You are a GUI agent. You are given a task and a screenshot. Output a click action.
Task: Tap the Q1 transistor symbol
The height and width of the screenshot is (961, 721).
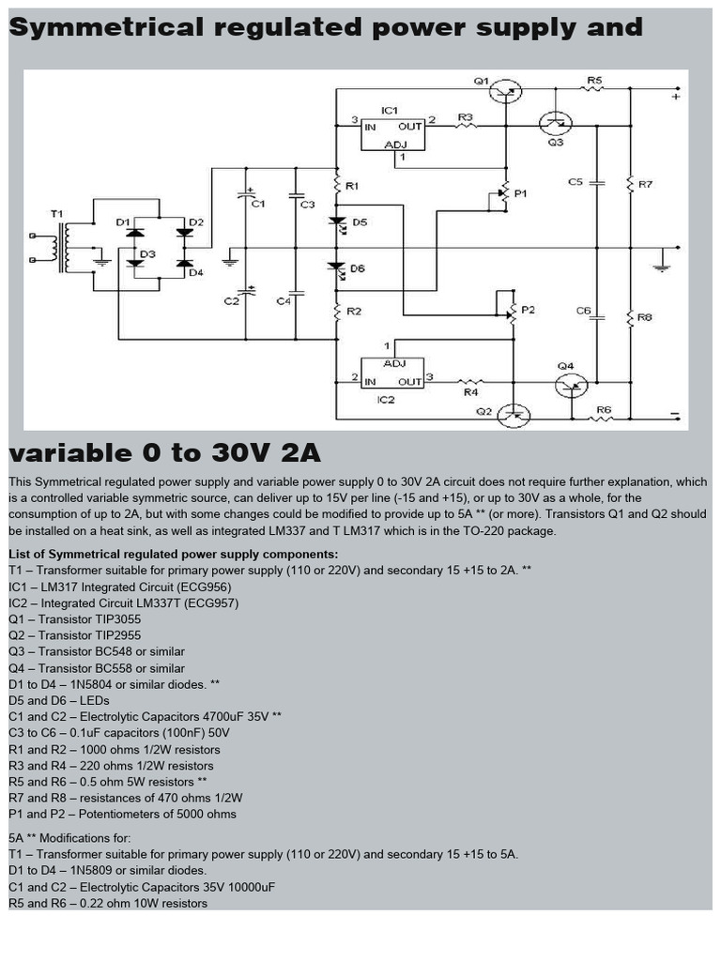tap(506, 90)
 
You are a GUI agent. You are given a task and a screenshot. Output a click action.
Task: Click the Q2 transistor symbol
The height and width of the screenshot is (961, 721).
tap(514, 414)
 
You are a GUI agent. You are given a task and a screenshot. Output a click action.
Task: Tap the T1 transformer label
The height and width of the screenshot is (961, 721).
tap(58, 214)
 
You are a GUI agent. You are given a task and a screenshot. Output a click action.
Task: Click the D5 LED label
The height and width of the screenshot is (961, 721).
tap(359, 222)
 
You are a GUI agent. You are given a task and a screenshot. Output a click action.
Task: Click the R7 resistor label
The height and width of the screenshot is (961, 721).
tap(645, 184)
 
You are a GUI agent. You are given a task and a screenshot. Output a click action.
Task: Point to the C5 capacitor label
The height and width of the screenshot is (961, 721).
tap(575, 182)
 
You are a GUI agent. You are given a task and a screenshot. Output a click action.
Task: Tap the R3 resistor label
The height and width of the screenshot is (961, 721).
tap(466, 117)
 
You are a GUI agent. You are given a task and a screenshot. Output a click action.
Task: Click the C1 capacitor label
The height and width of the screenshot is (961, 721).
tap(259, 203)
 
